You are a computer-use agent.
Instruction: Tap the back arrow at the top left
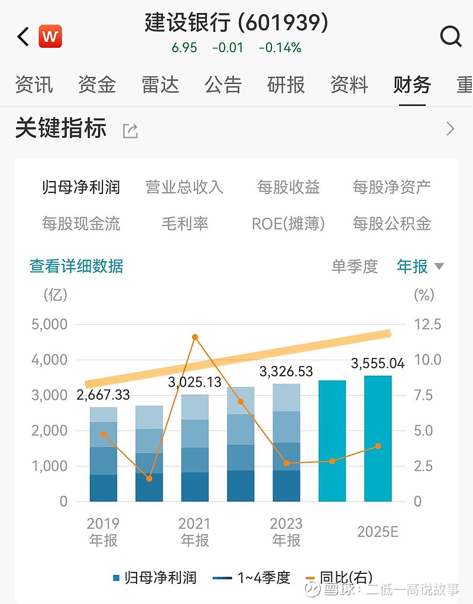22,37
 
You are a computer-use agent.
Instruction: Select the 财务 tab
412,85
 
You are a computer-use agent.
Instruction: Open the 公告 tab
223,85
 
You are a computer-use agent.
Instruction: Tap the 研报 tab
286,85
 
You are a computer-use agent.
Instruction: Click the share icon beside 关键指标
130,131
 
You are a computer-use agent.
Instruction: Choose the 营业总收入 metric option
184,188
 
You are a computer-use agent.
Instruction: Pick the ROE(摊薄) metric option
288,224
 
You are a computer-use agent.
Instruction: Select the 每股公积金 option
391,224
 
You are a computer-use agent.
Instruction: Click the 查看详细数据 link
76,266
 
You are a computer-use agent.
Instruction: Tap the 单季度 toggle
354,266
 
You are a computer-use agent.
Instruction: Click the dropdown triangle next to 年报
439,266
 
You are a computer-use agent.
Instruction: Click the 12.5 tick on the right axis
427,324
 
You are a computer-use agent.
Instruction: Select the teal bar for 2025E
377,438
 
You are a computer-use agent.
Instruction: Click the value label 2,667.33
103,395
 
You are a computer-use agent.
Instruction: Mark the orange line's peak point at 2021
195,337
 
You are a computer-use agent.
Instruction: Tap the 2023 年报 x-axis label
286,531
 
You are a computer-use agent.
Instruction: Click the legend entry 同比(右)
345,577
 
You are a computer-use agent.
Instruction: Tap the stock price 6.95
184,47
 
